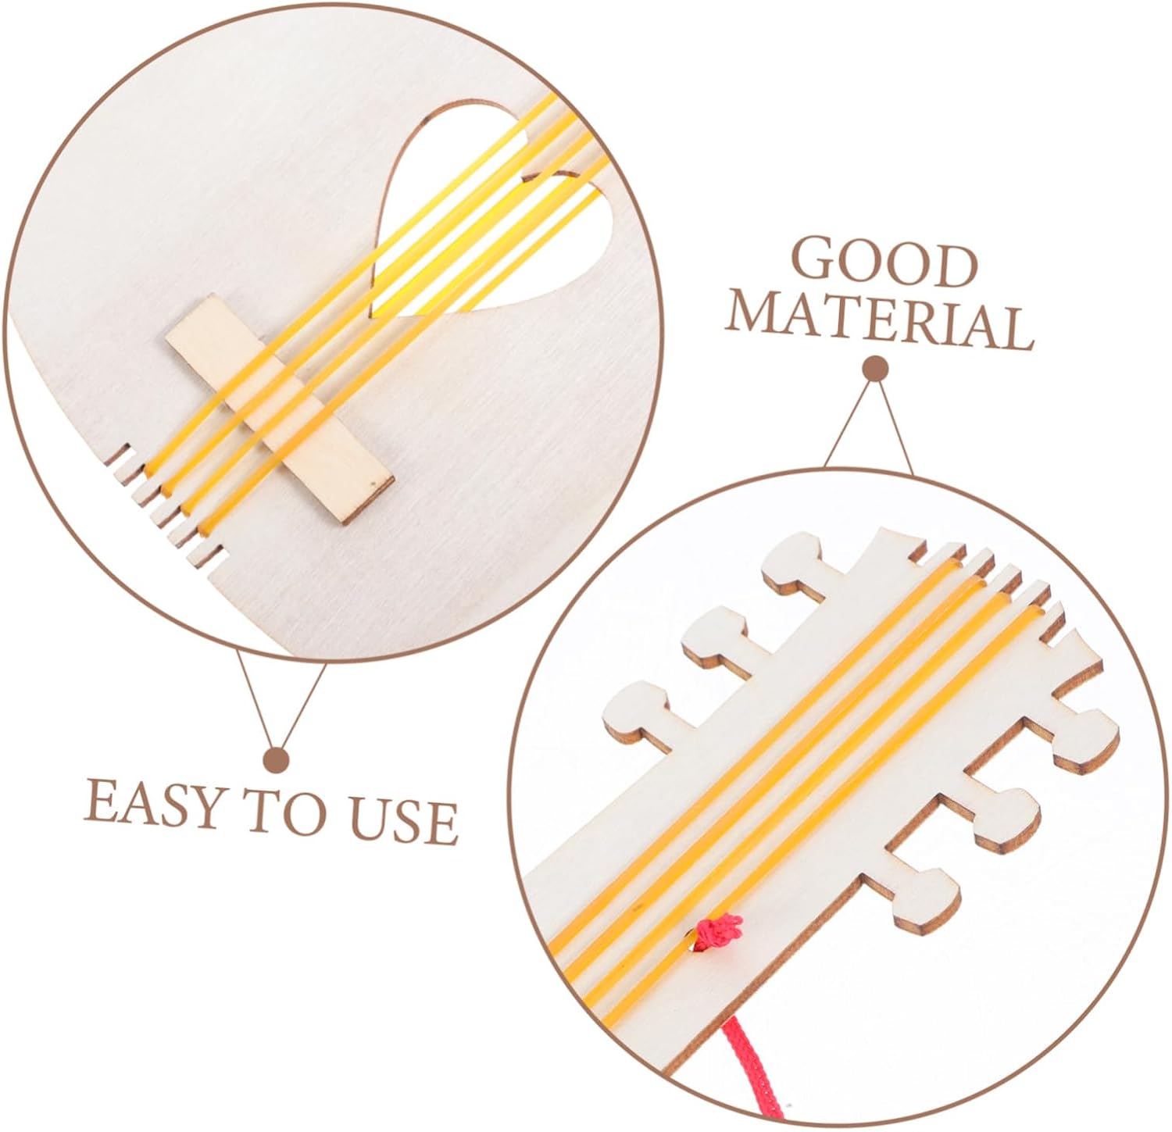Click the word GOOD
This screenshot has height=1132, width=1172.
pos(886,263)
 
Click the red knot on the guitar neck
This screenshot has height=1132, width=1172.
pos(717,931)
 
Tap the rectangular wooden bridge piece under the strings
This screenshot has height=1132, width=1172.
pos(278,409)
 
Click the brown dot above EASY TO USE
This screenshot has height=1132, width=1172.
pos(277,759)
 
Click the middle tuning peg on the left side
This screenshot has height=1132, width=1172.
pos(716,634)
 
